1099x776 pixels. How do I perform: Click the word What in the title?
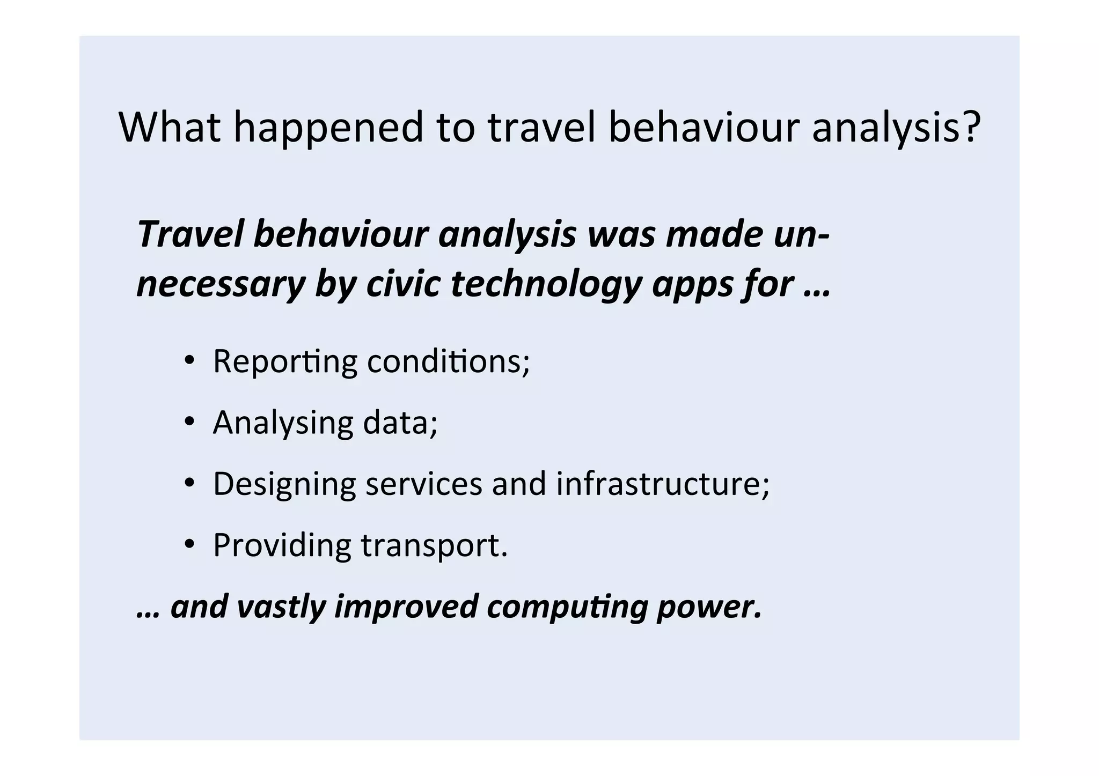coord(170,127)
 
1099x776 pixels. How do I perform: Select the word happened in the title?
coord(328,128)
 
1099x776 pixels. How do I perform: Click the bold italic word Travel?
coord(191,234)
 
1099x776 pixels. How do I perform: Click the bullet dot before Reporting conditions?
coord(189,361)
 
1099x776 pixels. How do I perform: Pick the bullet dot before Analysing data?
coord(189,422)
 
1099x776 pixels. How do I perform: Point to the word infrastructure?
coord(662,483)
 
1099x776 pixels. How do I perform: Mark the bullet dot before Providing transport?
coord(189,544)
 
